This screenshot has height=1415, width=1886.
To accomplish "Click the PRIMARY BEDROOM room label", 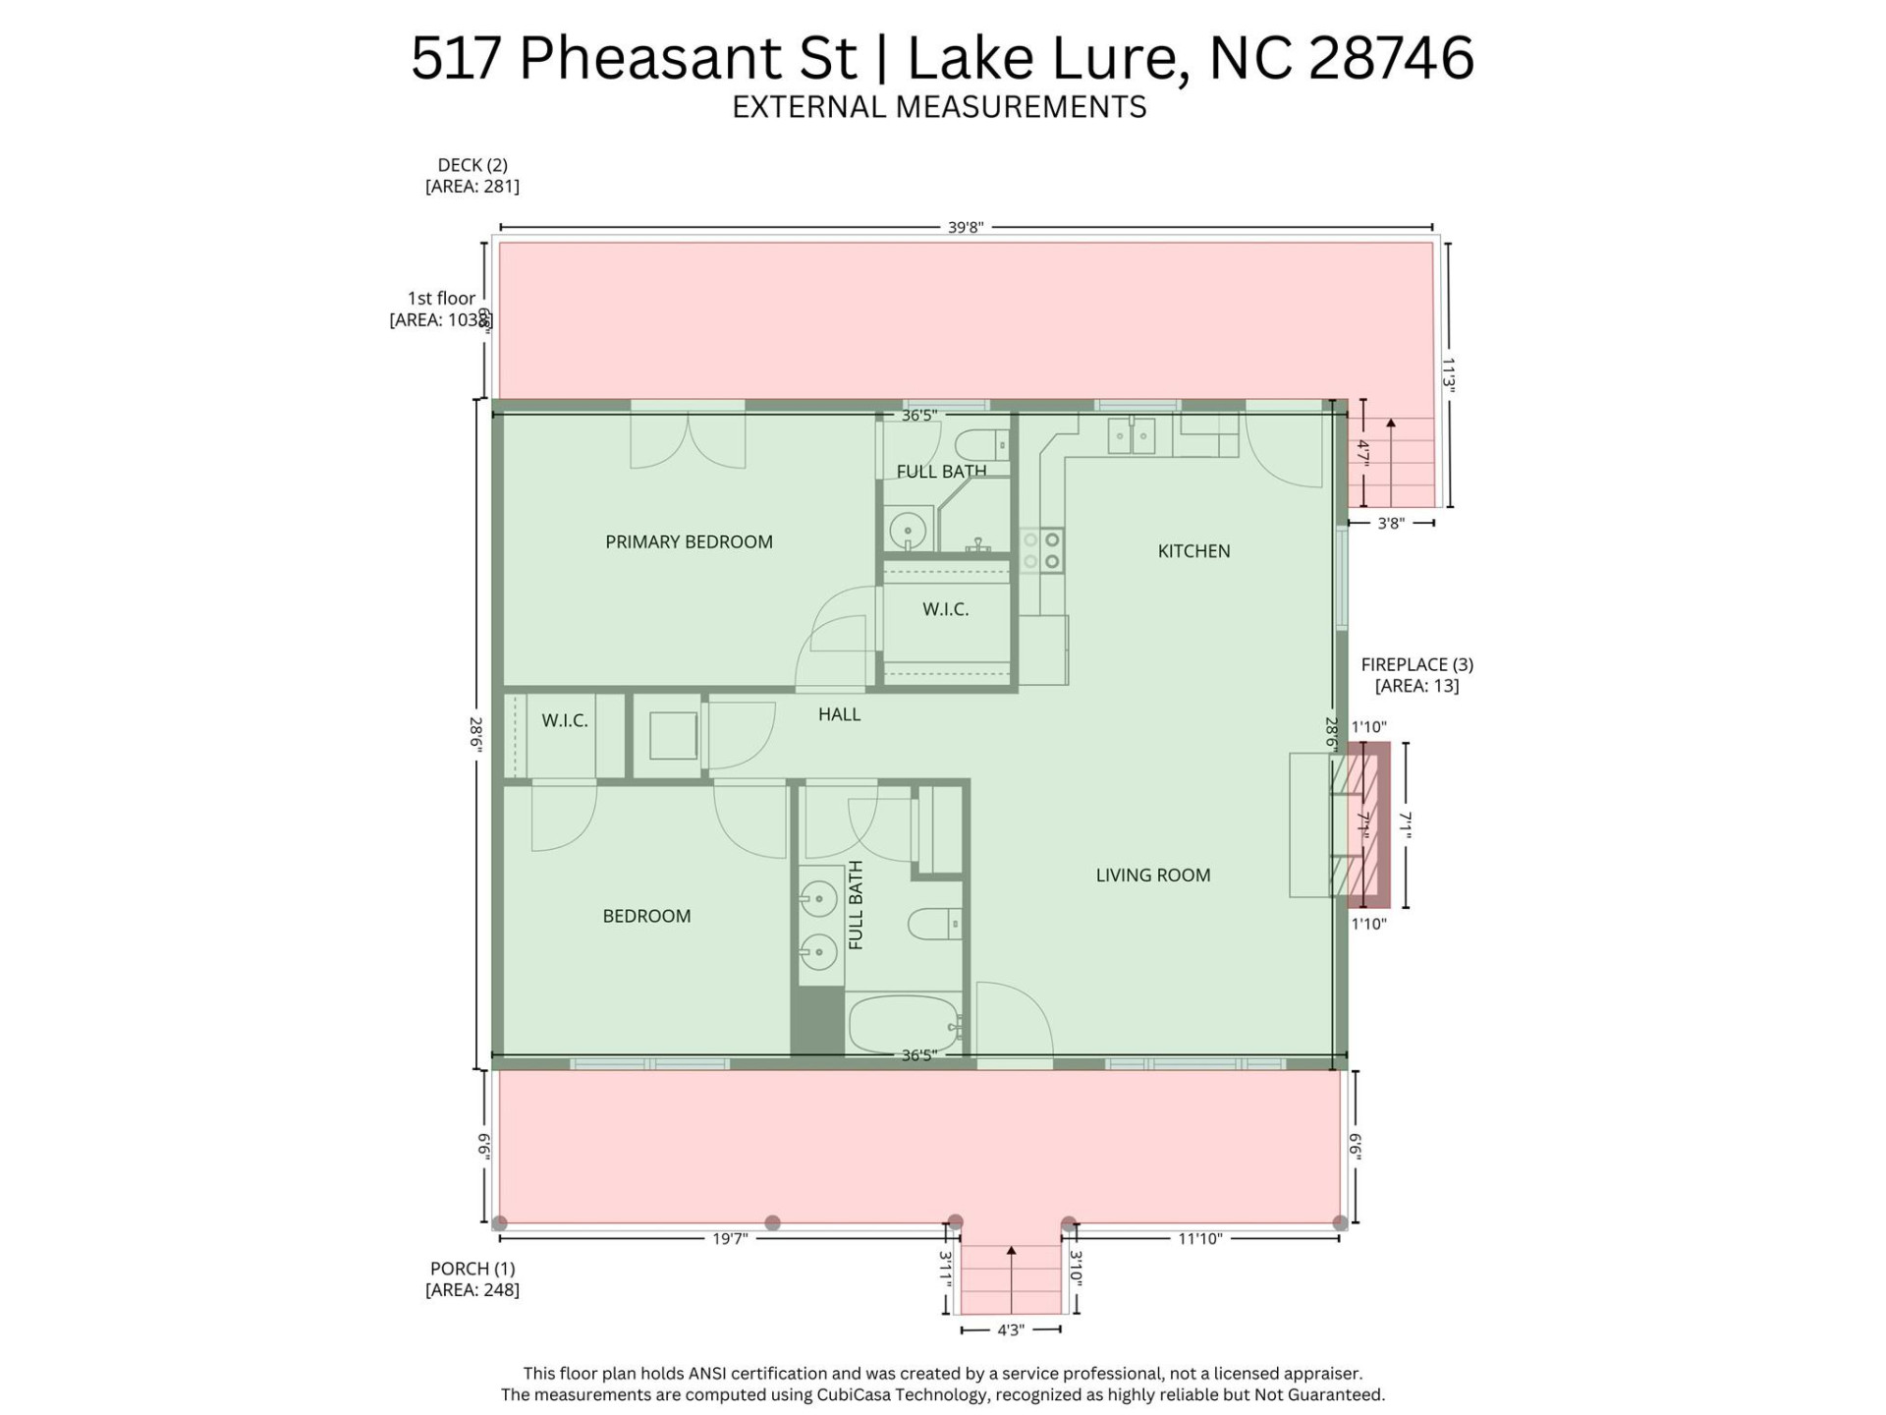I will pyautogui.click(x=689, y=541).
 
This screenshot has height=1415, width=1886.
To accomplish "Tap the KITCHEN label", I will pyautogui.click(x=1193, y=551).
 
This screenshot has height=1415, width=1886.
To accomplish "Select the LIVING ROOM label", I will pyautogui.click(x=1152, y=875).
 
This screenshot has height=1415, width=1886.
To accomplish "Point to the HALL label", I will pyautogui.click(x=839, y=714).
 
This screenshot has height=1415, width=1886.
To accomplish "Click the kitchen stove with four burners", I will pyautogui.click(x=1041, y=550).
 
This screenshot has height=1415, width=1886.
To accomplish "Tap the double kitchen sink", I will pyautogui.click(x=1132, y=436).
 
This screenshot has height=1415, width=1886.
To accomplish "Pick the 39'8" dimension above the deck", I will pyautogui.click(x=966, y=227).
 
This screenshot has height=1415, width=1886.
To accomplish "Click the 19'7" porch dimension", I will pyautogui.click(x=730, y=1239).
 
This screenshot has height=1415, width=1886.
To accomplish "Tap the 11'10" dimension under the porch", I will pyautogui.click(x=1199, y=1239).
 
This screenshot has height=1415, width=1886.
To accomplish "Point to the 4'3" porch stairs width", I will pyautogui.click(x=1011, y=1330).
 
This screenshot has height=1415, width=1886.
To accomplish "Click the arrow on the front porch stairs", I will pyautogui.click(x=1012, y=1257).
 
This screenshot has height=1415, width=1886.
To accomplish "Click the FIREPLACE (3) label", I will pyautogui.click(x=1416, y=664).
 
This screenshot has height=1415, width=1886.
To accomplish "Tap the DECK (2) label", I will pyautogui.click(x=472, y=165).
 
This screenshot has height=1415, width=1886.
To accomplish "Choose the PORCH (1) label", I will pyautogui.click(x=472, y=1269).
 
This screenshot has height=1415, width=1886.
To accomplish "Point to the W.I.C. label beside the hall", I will pyautogui.click(x=565, y=720).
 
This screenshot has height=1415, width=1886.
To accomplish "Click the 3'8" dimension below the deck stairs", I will pyautogui.click(x=1390, y=524).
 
